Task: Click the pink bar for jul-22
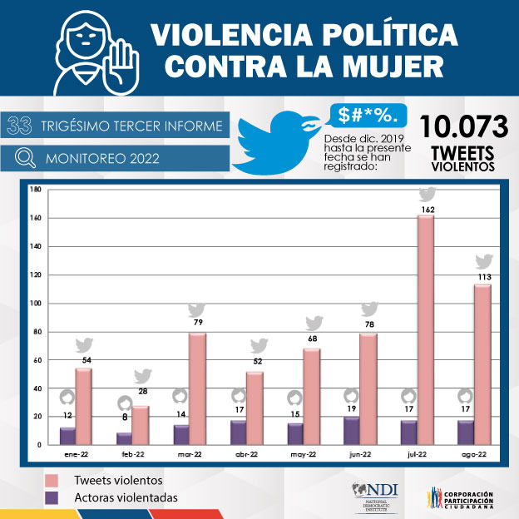427,330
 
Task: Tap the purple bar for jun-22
352,430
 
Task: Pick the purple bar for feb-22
125,437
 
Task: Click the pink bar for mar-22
196,388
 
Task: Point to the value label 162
428,210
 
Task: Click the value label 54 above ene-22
84,360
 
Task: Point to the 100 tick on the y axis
36,303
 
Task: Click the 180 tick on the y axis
36,190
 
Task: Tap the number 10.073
463,126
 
